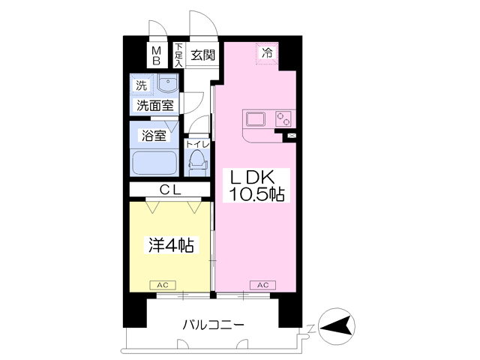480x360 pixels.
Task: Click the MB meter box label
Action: coord(157,56)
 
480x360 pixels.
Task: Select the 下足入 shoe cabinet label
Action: coord(178,56)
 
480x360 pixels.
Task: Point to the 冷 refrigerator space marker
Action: coord(268,54)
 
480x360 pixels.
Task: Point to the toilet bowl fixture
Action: coord(196,160)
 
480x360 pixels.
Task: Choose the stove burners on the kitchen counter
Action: coord(282,118)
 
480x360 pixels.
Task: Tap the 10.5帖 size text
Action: coord(256,195)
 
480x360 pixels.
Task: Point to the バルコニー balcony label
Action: coord(213,325)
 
